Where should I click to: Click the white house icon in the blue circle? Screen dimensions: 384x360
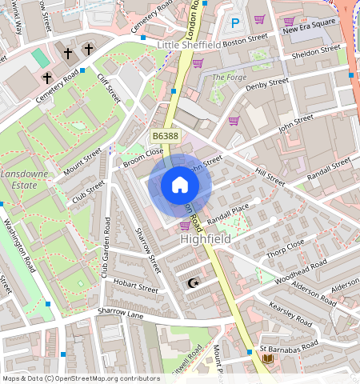coord(180,186)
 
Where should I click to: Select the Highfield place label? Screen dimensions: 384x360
coord(206,239)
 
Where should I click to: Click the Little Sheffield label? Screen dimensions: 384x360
coord(189,45)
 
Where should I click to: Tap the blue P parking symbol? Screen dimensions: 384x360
coord(234,24)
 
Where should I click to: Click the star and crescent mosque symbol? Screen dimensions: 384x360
coord(192,283)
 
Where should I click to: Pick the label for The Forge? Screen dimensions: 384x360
coord(229,77)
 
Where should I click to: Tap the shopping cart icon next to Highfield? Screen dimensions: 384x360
coord(185,226)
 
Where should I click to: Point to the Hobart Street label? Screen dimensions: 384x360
coord(135,287)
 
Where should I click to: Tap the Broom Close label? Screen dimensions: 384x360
coord(143,157)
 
